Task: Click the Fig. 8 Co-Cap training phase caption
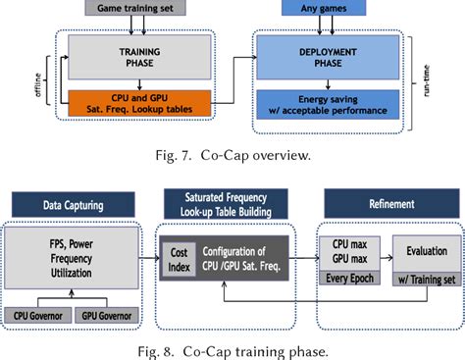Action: pos(233,347)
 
